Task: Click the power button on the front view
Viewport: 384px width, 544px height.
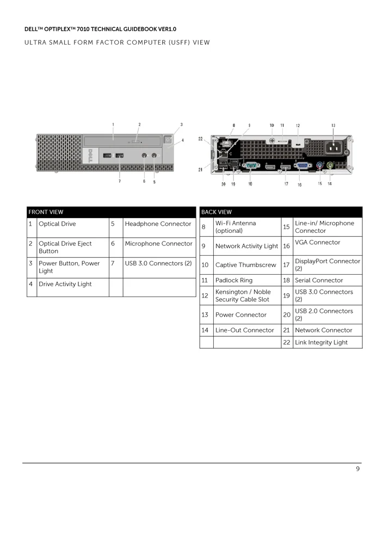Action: (x=167, y=139)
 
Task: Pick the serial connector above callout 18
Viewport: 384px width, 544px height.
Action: (x=251, y=166)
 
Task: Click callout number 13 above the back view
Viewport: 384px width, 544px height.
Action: (x=333, y=126)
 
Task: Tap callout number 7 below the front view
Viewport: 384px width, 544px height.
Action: (x=120, y=181)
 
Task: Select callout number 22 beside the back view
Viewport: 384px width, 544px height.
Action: (x=201, y=139)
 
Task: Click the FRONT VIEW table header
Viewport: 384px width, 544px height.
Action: (x=46, y=212)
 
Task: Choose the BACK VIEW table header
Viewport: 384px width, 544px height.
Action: (x=216, y=212)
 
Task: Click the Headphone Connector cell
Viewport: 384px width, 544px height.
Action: (x=158, y=224)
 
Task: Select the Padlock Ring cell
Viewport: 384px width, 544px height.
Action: (x=234, y=281)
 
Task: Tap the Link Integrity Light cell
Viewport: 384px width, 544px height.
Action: (x=321, y=343)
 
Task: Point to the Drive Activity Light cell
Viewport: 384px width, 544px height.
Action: (x=65, y=284)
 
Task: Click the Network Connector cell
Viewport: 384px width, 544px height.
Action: (x=323, y=330)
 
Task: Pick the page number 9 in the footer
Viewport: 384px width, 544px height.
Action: (x=358, y=469)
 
